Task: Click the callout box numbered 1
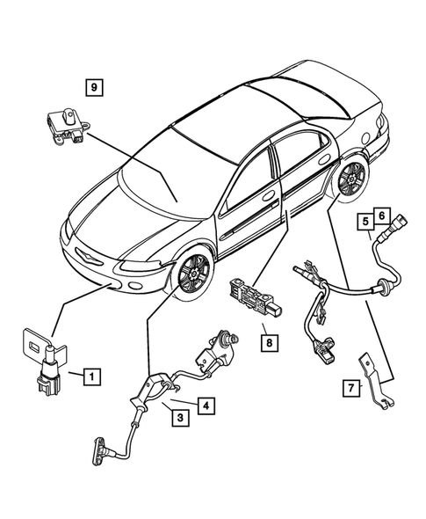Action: pos(92,377)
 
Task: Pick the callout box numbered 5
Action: pos(364,223)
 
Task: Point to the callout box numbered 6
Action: pos(381,214)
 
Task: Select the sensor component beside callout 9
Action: pos(64,121)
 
